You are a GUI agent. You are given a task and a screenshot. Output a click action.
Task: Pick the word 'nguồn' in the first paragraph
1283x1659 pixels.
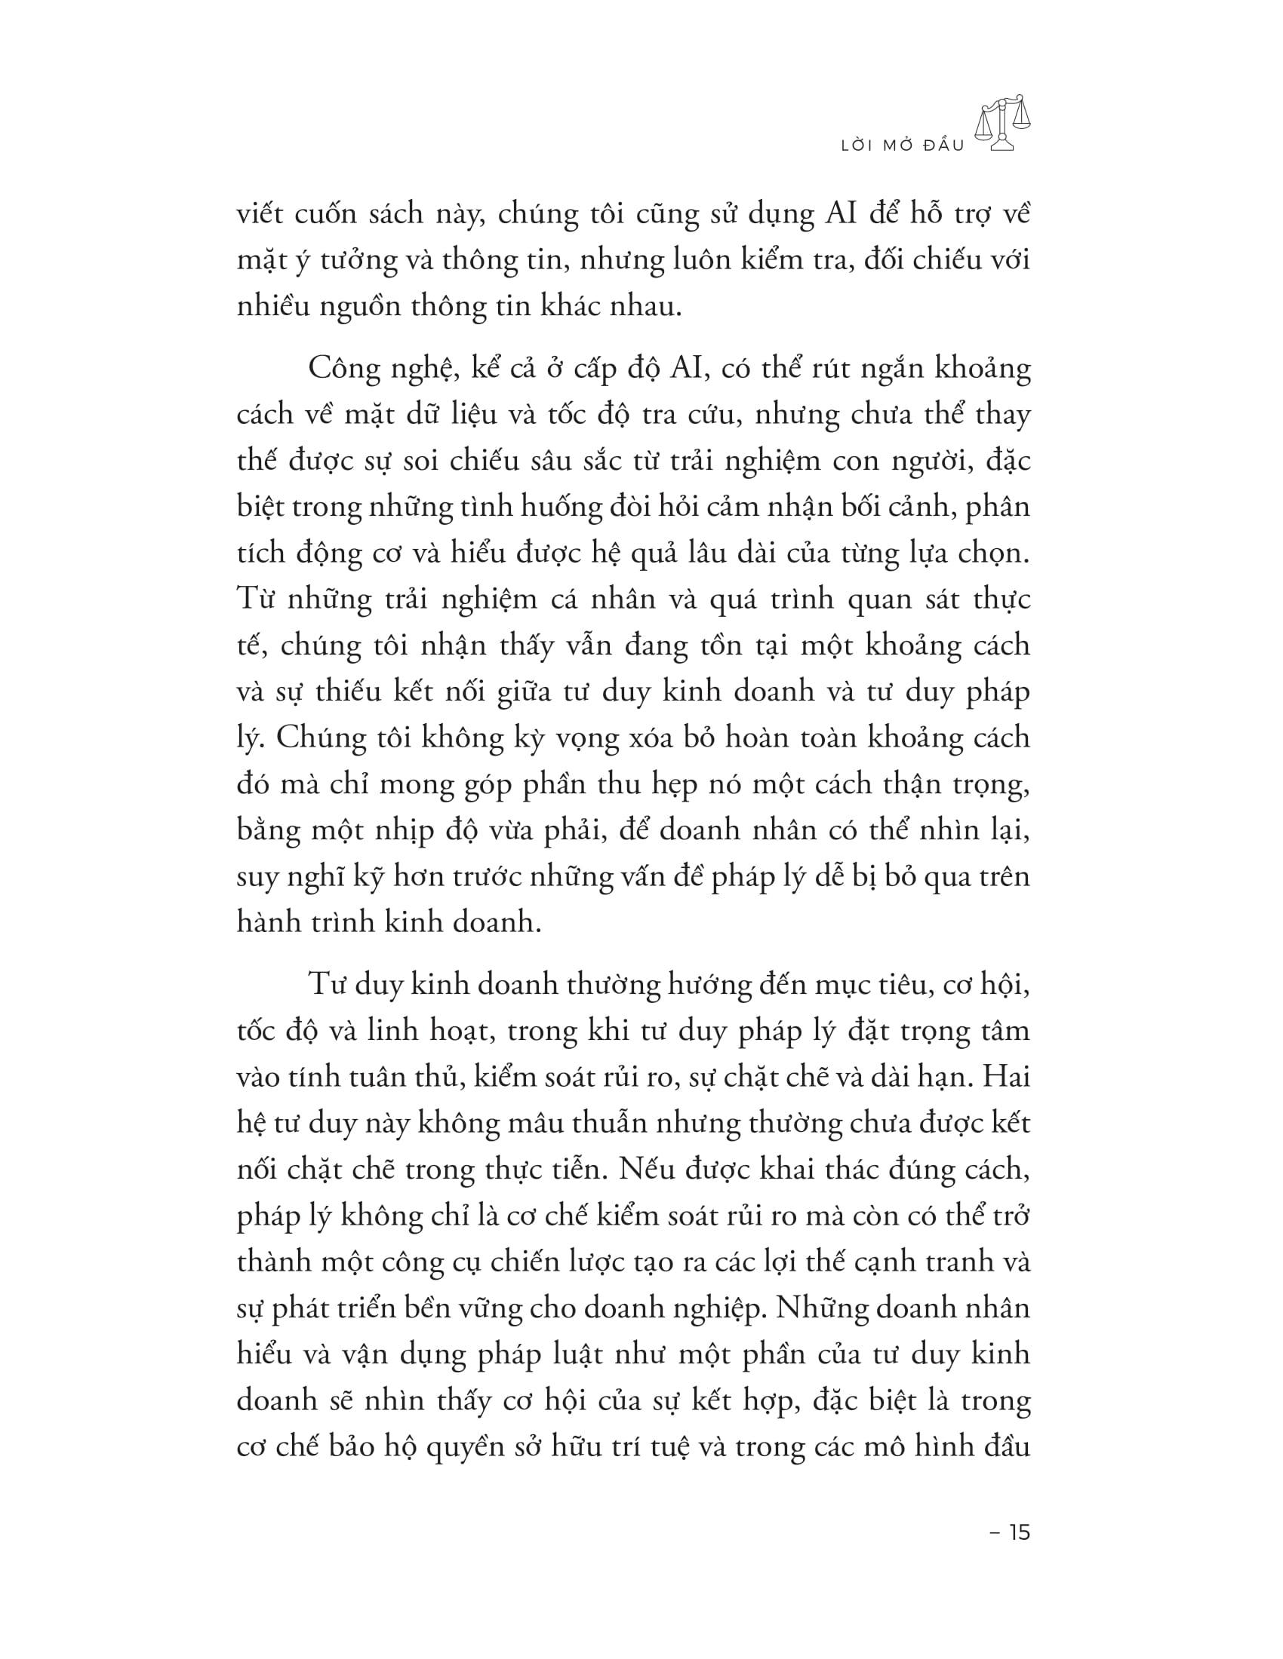(x=367, y=307)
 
